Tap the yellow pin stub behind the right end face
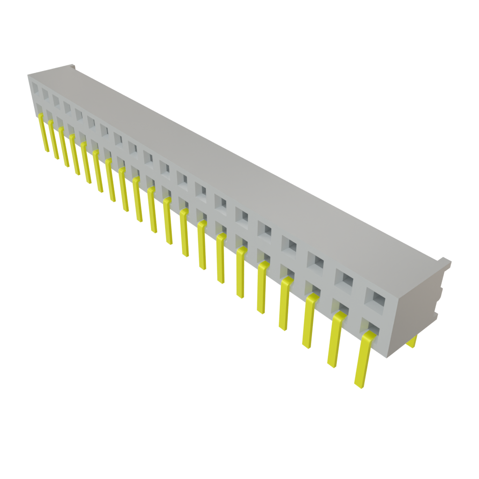413,342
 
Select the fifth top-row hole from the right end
264,230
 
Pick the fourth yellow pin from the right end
284,304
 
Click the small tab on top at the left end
71,67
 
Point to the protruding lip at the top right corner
444,261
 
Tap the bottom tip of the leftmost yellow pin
47,151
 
